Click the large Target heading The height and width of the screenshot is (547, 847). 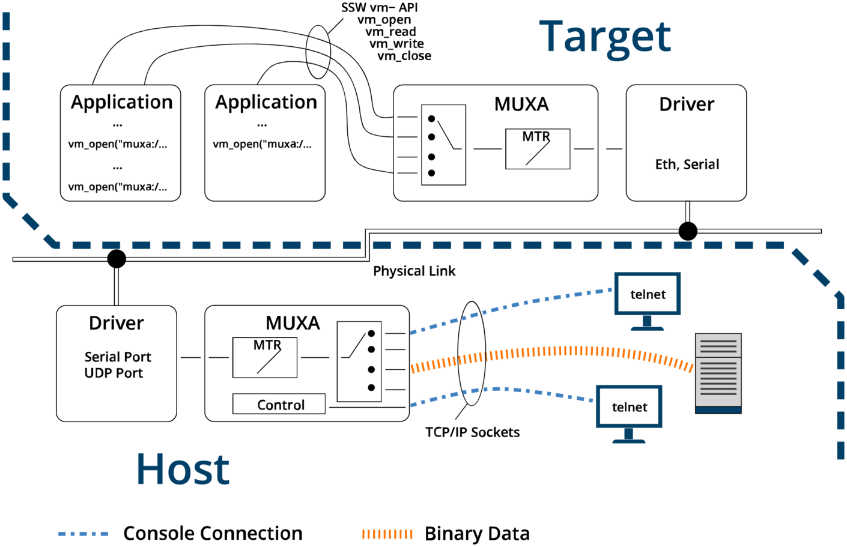tap(604, 37)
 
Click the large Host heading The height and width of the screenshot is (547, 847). tap(183, 469)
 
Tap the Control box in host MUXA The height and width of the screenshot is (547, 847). tap(279, 404)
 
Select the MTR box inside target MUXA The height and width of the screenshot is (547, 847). tap(537, 149)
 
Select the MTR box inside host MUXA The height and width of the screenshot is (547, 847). tap(265, 357)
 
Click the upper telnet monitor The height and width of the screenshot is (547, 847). tap(648, 294)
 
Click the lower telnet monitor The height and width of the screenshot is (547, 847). tap(629, 406)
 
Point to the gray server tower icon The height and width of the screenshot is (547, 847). tap(718, 373)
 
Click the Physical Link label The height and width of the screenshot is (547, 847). tap(414, 271)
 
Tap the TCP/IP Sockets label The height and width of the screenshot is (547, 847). tap(472, 432)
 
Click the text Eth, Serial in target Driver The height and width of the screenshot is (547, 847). tap(687, 164)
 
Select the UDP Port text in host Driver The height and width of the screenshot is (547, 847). tap(114, 373)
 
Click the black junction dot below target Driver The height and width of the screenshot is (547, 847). tap(688, 231)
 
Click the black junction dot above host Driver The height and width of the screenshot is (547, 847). tap(117, 259)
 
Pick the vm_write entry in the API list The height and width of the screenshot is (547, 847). tap(396, 44)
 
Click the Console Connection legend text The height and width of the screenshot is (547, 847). tap(213, 533)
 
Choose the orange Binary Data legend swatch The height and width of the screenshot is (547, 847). tap(387, 533)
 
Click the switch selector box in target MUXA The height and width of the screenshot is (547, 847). tap(443, 145)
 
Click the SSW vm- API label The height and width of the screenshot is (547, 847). tap(379, 7)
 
